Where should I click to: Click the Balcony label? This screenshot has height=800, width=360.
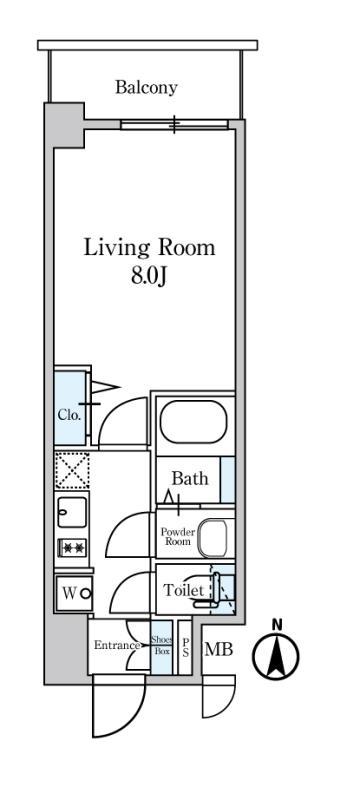[x=146, y=87]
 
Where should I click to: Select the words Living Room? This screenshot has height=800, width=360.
[x=149, y=248]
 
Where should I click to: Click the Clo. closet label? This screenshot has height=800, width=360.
[x=69, y=415]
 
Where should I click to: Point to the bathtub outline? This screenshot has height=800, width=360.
[x=193, y=422]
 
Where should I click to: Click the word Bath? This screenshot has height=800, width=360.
[x=190, y=479]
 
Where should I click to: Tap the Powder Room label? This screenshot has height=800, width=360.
[x=176, y=536]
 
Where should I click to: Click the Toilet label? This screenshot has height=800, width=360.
[x=183, y=591]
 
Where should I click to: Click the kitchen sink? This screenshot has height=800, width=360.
[x=72, y=512]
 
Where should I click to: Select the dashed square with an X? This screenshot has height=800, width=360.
[x=72, y=469]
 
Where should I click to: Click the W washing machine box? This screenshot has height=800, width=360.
[x=74, y=593]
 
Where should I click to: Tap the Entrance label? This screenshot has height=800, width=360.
[x=117, y=645]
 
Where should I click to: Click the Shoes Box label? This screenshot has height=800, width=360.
[x=162, y=646]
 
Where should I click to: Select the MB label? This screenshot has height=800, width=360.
[x=219, y=650]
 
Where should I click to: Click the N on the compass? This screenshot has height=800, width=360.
[x=277, y=624]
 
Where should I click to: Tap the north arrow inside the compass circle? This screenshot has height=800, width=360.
[x=276, y=655]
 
